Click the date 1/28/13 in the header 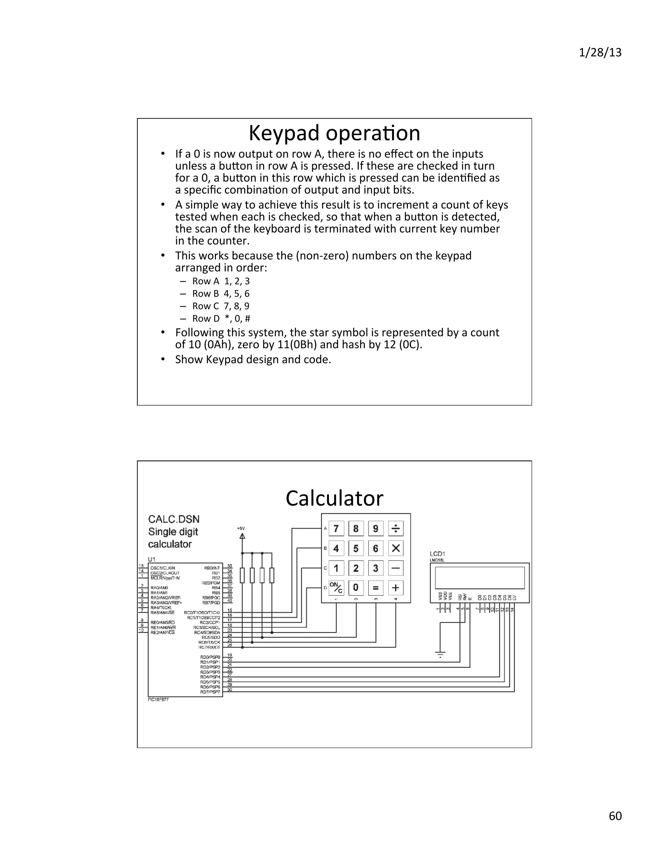(x=600, y=53)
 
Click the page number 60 (x=615, y=816)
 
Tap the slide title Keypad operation (x=334, y=133)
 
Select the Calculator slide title (x=334, y=498)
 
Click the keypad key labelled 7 (x=336, y=528)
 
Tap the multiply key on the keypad (x=396, y=548)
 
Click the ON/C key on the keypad (x=336, y=588)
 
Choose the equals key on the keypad (x=376, y=588)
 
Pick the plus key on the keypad (x=396, y=588)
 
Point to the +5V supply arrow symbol (x=242, y=536)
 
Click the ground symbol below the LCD (x=440, y=654)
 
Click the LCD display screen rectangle (x=480, y=578)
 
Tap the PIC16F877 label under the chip (x=158, y=700)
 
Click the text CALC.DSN (x=173, y=519)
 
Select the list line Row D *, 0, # (x=221, y=318)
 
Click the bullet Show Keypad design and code (x=253, y=360)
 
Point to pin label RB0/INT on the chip (x=212, y=568)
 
